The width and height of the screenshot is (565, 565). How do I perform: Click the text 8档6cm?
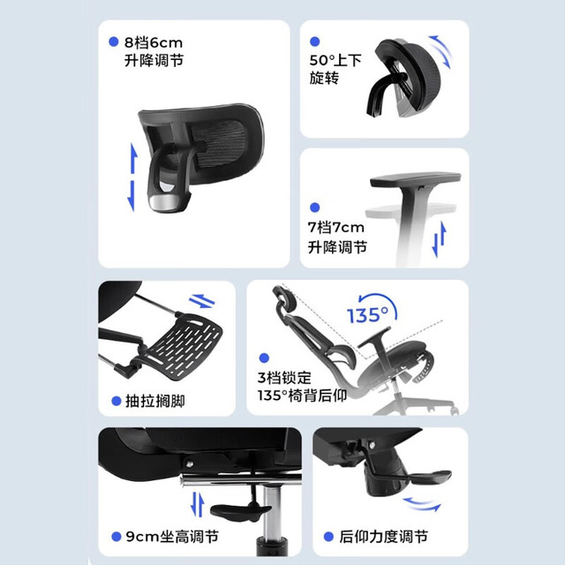pyautogui.click(x=154, y=43)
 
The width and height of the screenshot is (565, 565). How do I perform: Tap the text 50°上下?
pyautogui.click(x=335, y=60)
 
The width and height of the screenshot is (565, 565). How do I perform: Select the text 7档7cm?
pyautogui.click(x=335, y=228)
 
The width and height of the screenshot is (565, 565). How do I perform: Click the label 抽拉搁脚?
pyautogui.click(x=155, y=401)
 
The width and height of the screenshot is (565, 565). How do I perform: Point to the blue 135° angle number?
pyautogui.click(x=368, y=314)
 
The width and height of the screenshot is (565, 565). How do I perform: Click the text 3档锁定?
pyautogui.click(x=284, y=378)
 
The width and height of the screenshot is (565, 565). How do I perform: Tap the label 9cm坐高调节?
pyautogui.click(x=172, y=537)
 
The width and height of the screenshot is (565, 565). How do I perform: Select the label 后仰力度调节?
pyautogui.click(x=383, y=537)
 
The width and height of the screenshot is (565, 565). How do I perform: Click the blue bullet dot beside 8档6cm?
pyautogui.click(x=114, y=41)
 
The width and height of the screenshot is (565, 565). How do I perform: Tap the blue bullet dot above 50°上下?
pyautogui.click(x=315, y=41)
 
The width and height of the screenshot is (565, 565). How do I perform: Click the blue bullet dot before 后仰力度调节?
pyautogui.click(x=328, y=537)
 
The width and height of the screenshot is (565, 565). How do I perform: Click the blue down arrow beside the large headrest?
pyautogui.click(x=132, y=196)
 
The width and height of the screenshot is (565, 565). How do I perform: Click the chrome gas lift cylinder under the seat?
pyautogui.click(x=272, y=512)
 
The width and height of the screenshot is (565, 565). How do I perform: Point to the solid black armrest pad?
pyautogui.click(x=415, y=179)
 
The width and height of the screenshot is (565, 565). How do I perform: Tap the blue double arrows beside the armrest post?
pyautogui.click(x=440, y=239)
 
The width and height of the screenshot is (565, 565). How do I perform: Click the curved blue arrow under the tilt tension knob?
pyautogui.click(x=422, y=504)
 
